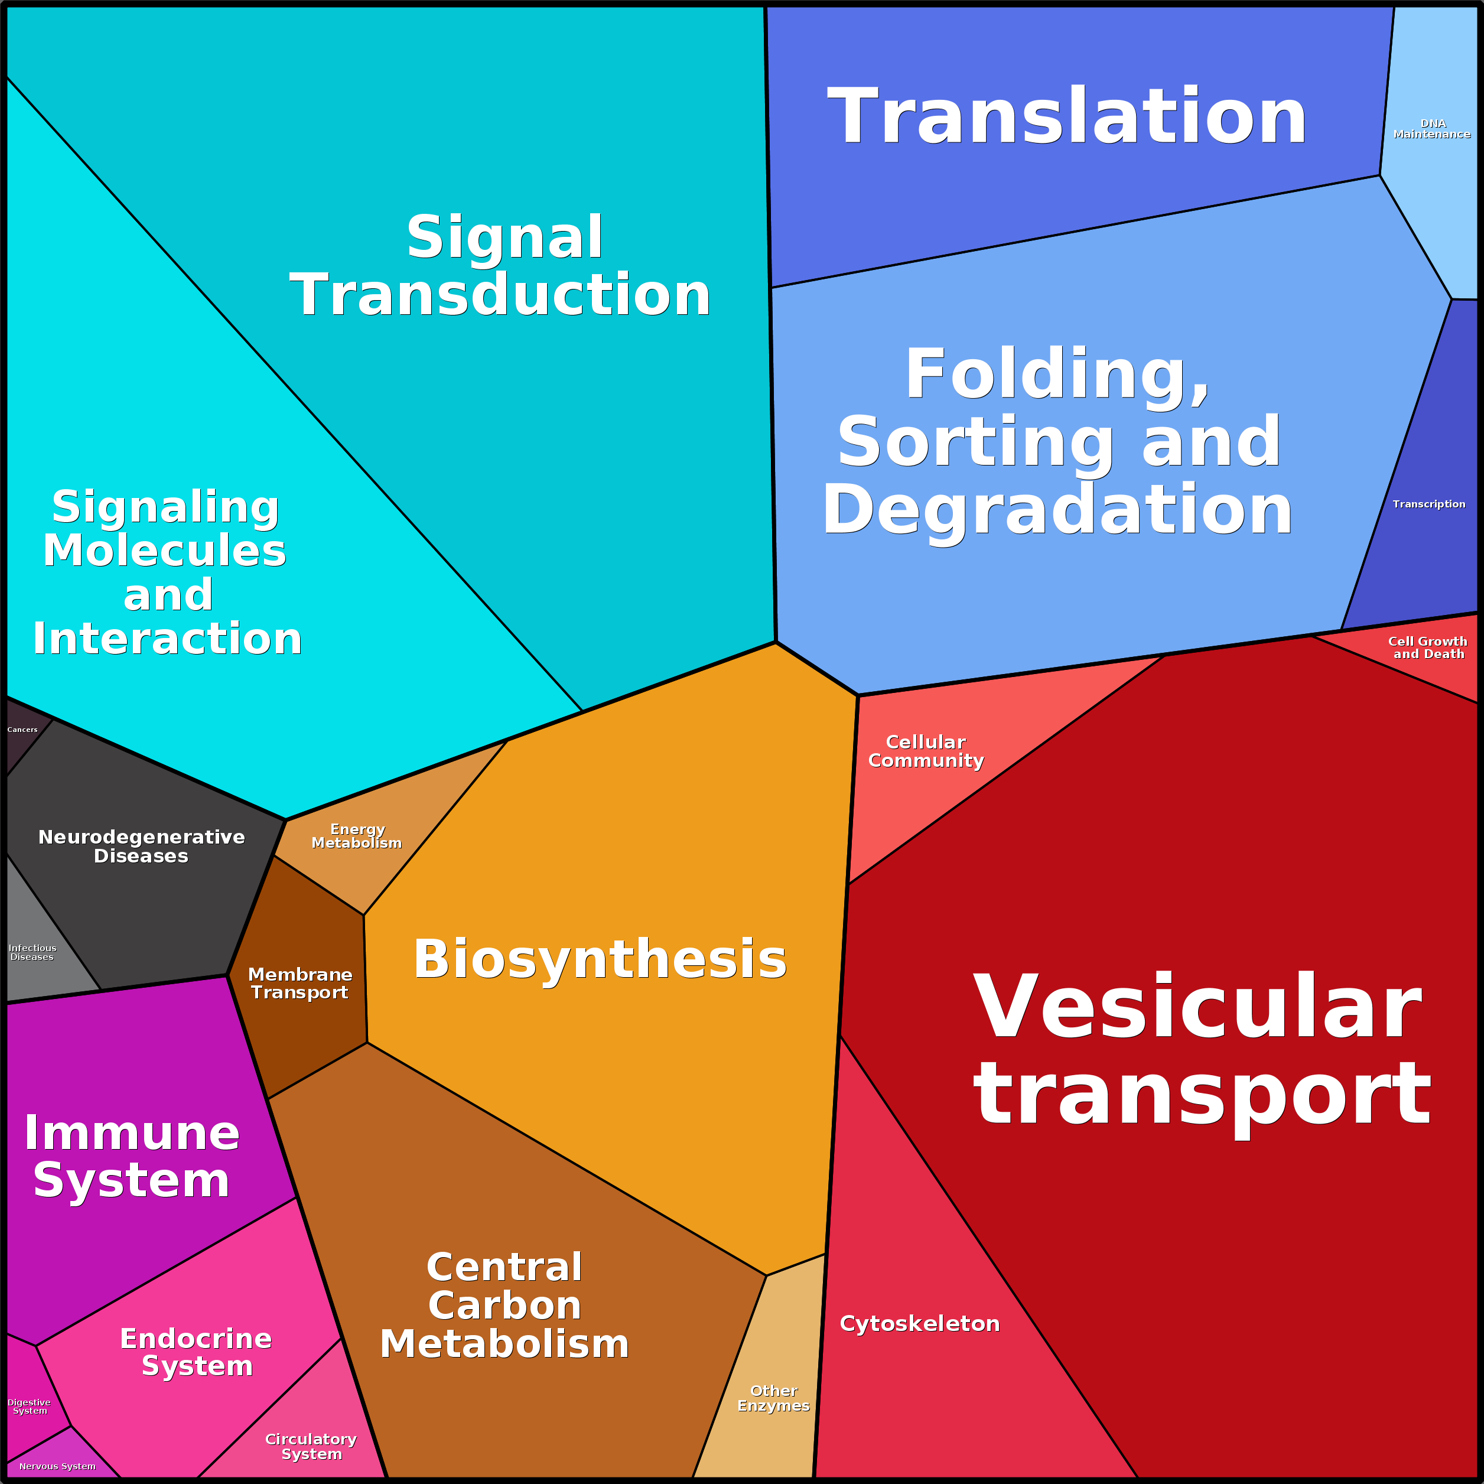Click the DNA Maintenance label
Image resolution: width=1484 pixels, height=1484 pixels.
click(x=1432, y=128)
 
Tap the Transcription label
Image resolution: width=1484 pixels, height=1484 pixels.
click(x=1428, y=504)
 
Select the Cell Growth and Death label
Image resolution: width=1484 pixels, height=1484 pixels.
click(x=1428, y=647)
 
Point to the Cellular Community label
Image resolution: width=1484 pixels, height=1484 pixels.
click(x=926, y=751)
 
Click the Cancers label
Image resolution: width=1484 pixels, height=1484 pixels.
click(x=22, y=730)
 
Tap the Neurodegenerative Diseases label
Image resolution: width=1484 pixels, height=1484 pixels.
click(x=141, y=847)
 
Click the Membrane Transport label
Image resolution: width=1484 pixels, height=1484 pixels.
click(x=300, y=983)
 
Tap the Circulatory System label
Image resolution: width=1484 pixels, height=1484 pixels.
click(x=311, y=1446)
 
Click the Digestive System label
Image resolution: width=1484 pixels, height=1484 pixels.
click(x=29, y=1407)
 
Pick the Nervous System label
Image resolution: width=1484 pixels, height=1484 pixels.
click(x=58, y=1466)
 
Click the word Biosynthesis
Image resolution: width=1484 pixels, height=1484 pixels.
click(x=600, y=959)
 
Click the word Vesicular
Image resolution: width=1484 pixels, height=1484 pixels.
click(x=1197, y=1007)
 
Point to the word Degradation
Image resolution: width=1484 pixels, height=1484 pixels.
click(x=1057, y=511)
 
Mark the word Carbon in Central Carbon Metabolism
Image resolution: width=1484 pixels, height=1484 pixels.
click(x=505, y=1305)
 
